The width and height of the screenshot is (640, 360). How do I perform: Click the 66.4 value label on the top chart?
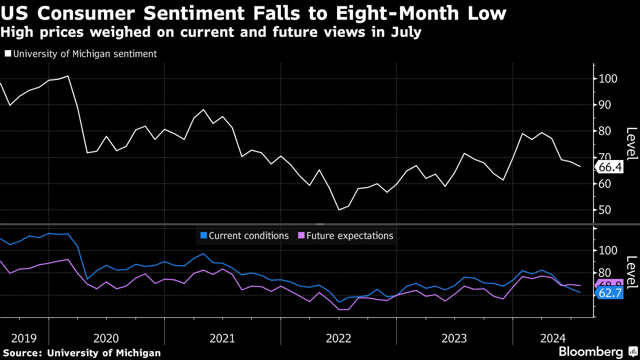coord(610,167)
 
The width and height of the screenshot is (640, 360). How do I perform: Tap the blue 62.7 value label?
coord(610,293)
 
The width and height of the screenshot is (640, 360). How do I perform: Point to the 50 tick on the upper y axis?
coord(605,210)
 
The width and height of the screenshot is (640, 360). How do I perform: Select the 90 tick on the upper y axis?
coord(605,105)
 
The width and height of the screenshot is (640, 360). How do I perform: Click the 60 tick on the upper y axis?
coord(605,184)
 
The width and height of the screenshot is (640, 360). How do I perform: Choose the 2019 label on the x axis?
coord(24,338)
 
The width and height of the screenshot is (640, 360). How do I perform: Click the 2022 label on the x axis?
coord(338,338)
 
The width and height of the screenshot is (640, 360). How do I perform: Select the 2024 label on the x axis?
coord(553,338)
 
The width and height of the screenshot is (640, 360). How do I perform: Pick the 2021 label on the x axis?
coord(222,338)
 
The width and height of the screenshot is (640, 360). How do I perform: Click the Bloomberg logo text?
coord(590,352)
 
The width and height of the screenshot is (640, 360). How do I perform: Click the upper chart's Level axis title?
coord(631,144)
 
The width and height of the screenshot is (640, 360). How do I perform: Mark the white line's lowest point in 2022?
coord(339,210)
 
